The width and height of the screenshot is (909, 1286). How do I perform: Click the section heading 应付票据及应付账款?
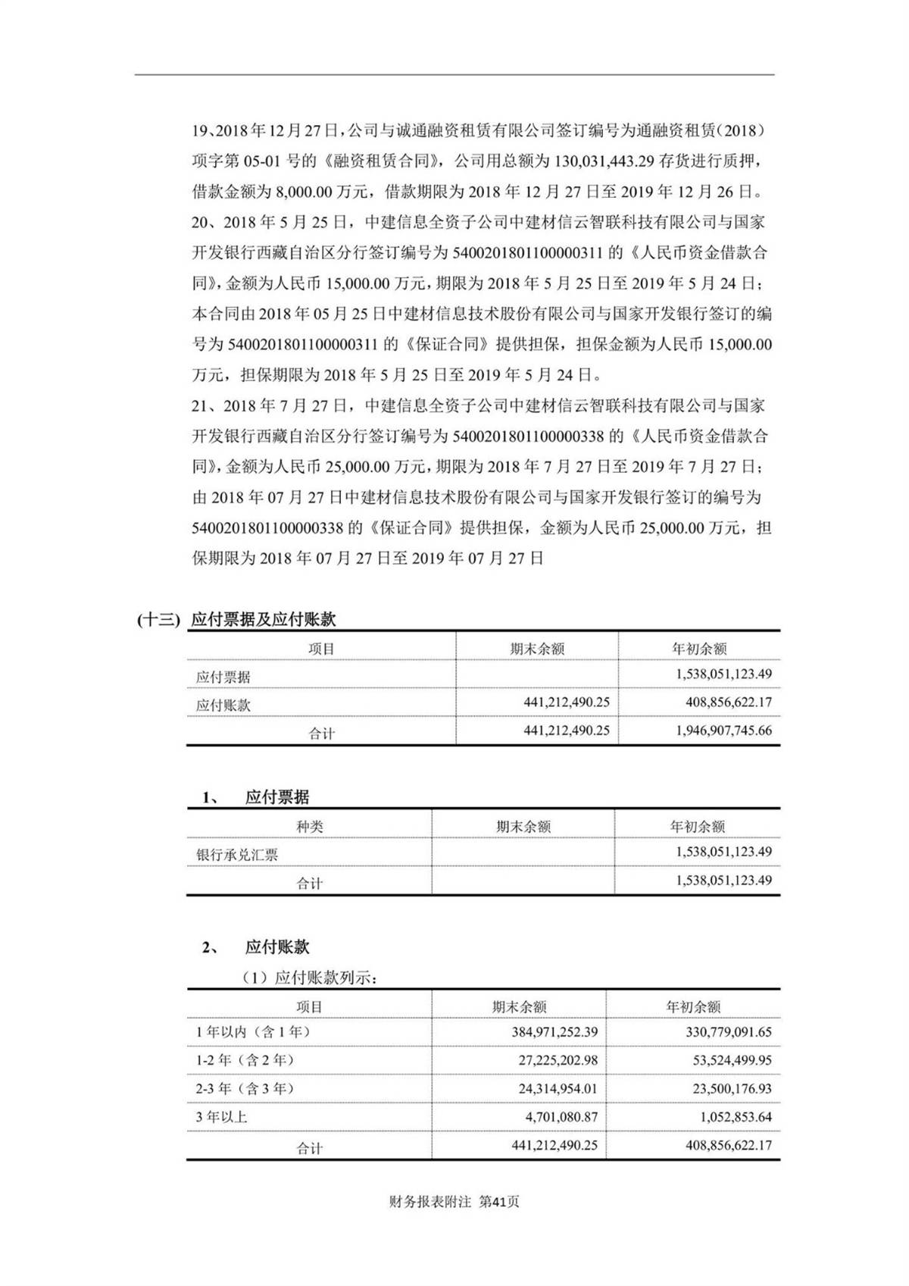tap(263, 619)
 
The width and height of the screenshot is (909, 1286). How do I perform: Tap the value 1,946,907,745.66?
tap(723, 731)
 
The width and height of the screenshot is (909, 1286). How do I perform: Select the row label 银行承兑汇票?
tap(237, 855)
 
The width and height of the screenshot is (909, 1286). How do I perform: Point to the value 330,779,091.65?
tap(722, 1032)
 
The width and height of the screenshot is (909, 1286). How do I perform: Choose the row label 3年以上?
tap(221, 1117)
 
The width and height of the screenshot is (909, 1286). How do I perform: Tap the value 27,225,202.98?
tap(558, 1060)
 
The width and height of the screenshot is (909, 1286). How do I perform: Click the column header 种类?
tap(309, 827)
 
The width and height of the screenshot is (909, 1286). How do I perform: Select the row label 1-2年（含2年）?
tap(245, 1060)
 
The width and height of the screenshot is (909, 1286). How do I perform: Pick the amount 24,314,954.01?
tap(558, 1089)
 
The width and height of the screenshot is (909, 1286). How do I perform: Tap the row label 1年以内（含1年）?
tap(253, 1032)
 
